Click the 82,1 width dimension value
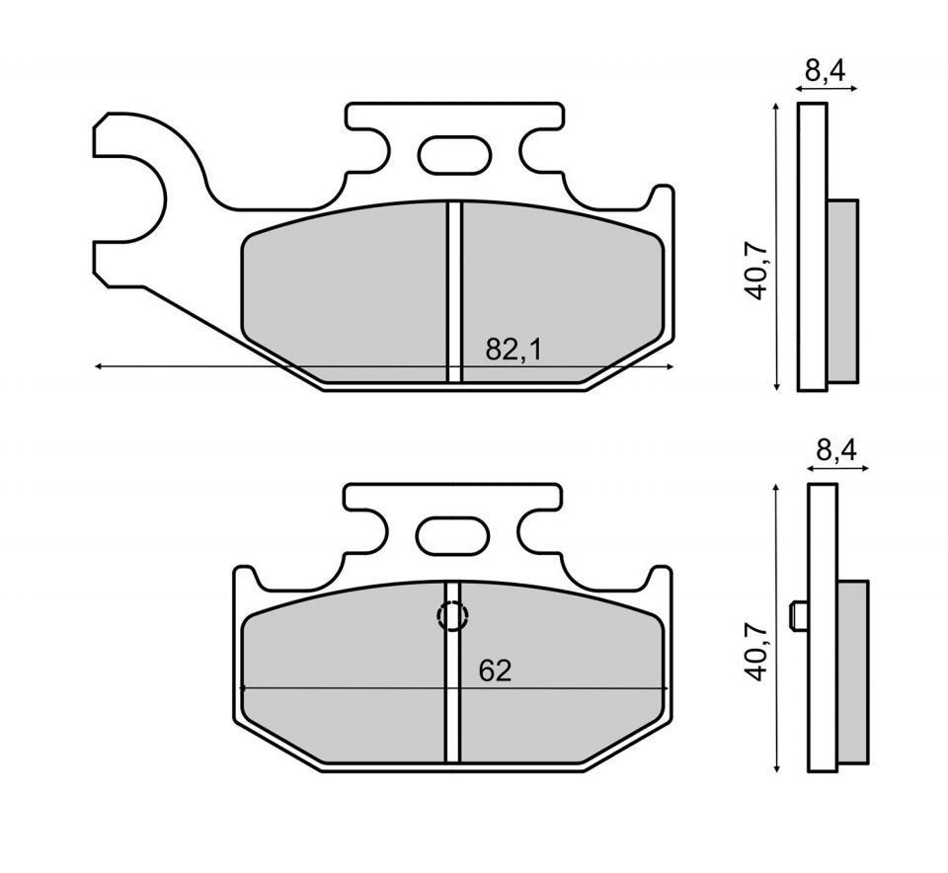point(513,350)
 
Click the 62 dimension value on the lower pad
point(495,672)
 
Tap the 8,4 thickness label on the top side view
point(826,71)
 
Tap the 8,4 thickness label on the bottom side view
point(836,450)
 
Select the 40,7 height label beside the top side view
point(756,271)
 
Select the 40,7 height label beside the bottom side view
point(756,652)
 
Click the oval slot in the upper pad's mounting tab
point(454,155)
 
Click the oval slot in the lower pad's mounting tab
point(452,535)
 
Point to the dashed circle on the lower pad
point(453,616)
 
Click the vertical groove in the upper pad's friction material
point(454,291)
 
